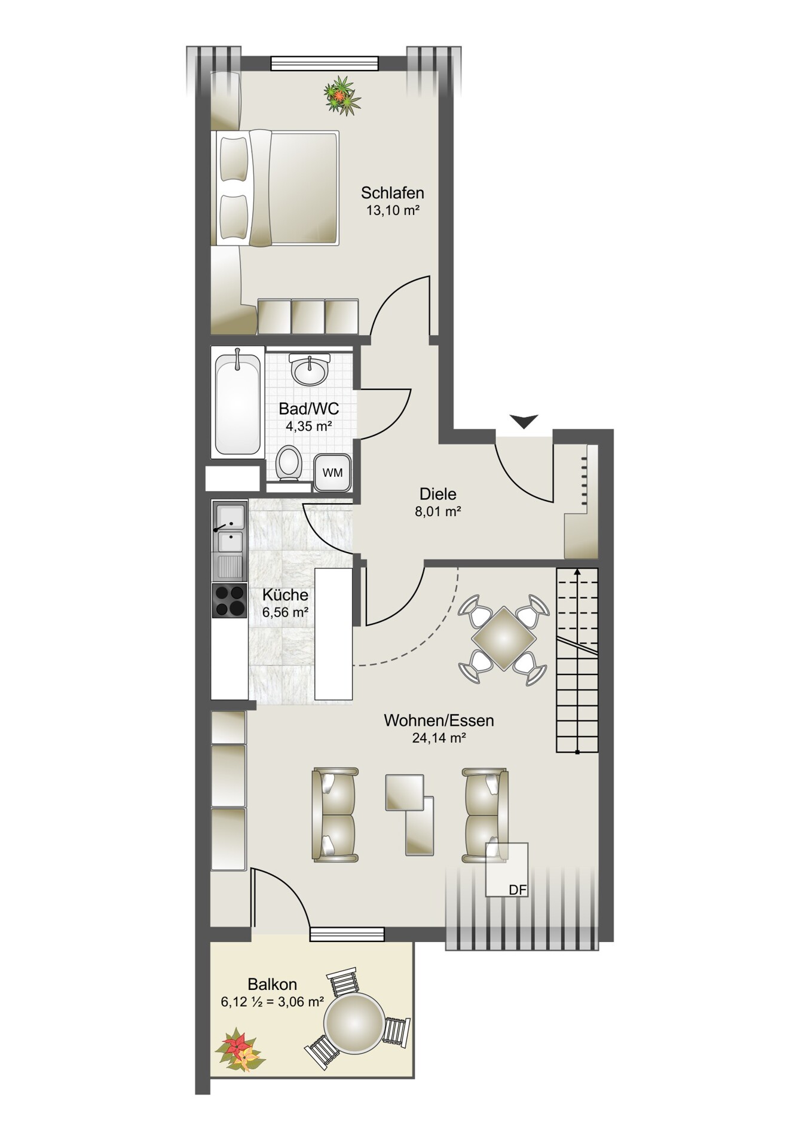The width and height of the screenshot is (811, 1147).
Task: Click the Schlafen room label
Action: tap(392, 193)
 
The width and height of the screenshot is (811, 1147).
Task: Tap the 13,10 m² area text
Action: tap(393, 210)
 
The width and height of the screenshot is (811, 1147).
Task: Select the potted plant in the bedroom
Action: tap(342, 94)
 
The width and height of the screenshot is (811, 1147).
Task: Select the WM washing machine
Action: tap(332, 472)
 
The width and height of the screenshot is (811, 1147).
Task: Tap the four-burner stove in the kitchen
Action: tap(230, 600)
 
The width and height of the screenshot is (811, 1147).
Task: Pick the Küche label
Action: tap(286, 595)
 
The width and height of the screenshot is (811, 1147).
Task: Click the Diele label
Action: tap(437, 494)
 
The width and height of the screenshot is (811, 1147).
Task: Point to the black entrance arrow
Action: tap(524, 421)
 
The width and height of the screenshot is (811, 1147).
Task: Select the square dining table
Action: tap(504, 639)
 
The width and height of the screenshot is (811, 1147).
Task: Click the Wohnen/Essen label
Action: tap(439, 720)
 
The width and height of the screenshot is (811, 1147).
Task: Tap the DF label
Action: tap(518, 890)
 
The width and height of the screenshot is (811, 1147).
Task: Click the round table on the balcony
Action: tap(354, 1022)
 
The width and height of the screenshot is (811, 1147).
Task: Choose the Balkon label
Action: tap(273, 984)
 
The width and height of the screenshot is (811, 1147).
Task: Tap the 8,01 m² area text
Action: tap(438, 511)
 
